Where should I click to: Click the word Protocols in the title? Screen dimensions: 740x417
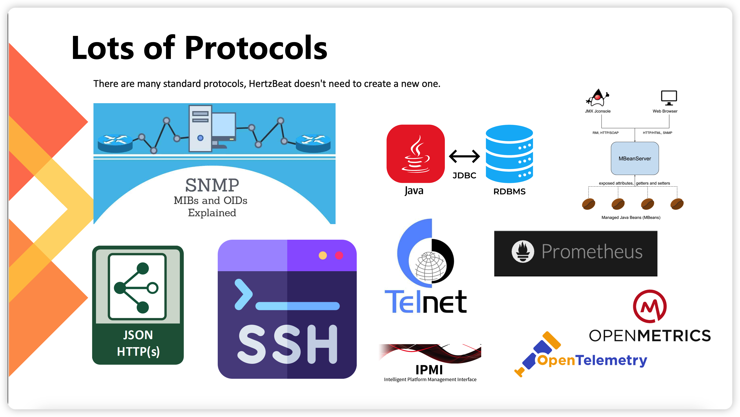(256, 48)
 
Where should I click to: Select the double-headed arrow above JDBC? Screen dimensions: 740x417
(464, 156)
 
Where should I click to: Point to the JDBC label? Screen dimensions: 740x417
(464, 175)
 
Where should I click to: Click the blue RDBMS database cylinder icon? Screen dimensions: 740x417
(509, 154)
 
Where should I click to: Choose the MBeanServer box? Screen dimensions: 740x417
(635, 159)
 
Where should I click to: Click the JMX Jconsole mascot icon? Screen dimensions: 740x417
(598, 98)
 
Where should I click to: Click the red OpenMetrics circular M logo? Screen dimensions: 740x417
(650, 307)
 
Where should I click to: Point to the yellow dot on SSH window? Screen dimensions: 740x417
(323, 255)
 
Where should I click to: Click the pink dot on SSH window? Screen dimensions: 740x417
(339, 255)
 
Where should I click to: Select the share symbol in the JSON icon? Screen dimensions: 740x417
(136, 288)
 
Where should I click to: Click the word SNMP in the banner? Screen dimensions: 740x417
(212, 185)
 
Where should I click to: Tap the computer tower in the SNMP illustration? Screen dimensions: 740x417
(200, 128)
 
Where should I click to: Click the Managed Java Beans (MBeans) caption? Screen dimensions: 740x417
(631, 217)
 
